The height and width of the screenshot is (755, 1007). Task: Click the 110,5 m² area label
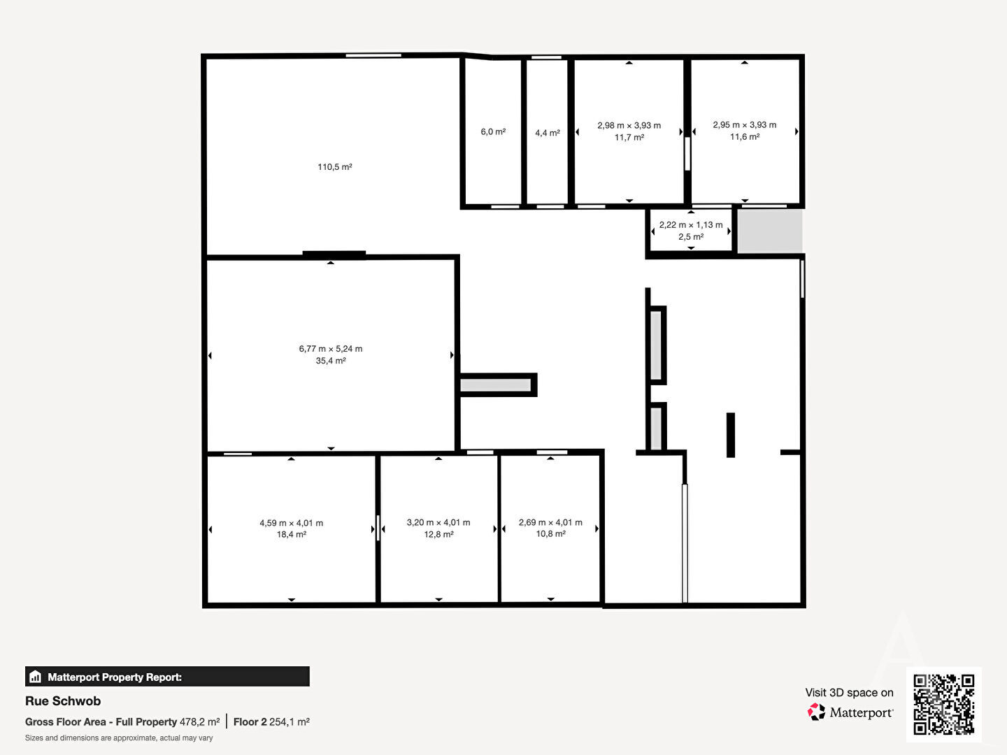(335, 167)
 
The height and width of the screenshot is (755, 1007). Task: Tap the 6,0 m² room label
(493, 132)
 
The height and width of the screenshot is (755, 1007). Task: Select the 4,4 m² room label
(548, 133)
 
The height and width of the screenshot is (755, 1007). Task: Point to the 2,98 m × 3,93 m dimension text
(629, 126)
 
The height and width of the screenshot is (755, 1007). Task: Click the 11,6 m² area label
(745, 137)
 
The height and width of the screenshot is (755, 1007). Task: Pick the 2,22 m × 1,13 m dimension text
(691, 225)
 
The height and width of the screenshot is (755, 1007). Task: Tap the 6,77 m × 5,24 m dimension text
(331, 349)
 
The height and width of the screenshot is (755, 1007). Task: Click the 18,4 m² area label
(292, 535)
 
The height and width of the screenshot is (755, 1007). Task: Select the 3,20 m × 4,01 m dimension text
(438, 523)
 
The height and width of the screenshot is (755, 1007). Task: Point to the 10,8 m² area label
(550, 534)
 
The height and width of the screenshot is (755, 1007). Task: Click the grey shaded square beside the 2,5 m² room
(770, 231)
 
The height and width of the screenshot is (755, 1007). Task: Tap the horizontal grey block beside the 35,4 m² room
(496, 385)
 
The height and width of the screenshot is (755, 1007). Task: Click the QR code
(943, 704)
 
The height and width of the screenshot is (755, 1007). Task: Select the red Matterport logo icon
(816, 712)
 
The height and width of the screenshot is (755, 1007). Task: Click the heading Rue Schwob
(63, 701)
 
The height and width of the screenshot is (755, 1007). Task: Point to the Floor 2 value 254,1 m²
(290, 722)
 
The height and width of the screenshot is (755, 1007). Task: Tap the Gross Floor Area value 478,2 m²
(199, 722)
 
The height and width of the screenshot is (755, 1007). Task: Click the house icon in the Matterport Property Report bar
(36, 677)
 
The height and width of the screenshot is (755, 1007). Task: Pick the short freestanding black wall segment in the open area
(731, 435)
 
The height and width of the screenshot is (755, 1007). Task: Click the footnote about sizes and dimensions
(119, 738)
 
